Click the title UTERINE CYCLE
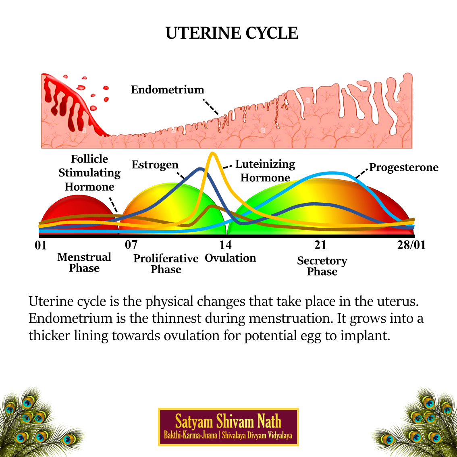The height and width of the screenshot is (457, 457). (232, 33)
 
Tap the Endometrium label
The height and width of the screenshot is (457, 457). (167, 89)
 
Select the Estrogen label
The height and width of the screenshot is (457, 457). (155, 164)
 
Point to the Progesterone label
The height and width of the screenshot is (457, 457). (404, 167)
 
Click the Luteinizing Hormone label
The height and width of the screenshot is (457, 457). (265, 171)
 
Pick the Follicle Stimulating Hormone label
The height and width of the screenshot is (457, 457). (89, 173)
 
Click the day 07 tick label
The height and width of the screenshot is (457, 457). (131, 244)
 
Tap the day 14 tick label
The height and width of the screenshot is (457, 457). (226, 244)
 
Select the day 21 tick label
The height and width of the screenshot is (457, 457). (320, 244)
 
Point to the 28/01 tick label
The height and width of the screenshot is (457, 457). (411, 245)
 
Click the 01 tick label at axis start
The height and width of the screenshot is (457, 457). (41, 245)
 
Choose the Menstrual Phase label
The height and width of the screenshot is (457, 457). (84, 262)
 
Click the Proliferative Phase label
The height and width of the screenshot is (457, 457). (166, 264)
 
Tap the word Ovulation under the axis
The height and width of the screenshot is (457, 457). (230, 258)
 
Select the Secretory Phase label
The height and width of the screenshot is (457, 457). (322, 266)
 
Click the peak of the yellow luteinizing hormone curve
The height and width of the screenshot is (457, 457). (212, 154)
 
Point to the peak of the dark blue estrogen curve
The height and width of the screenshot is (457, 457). (200, 169)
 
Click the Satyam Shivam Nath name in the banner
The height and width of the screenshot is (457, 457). (228, 422)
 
